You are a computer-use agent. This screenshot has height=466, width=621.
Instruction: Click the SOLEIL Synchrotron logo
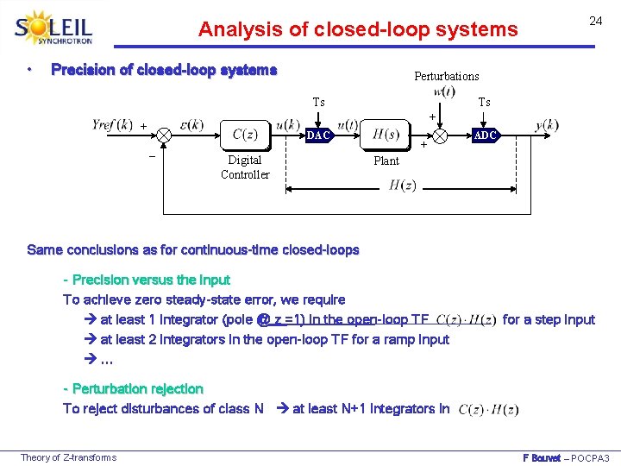53,28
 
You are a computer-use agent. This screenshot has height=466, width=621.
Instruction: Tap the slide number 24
595,21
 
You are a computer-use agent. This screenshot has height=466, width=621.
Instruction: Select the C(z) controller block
245,134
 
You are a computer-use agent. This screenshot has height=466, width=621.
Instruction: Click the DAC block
319,135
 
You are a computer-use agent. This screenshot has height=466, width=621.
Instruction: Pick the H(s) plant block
385,133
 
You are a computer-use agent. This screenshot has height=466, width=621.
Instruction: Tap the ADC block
485,135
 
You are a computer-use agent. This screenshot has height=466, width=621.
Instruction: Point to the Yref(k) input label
112,124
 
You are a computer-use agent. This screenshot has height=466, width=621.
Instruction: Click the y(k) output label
546,125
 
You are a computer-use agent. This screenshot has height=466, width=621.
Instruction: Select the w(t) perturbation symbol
444,91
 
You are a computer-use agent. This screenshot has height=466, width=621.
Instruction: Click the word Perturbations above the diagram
446,76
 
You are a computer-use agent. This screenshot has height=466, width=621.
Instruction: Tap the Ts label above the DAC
318,102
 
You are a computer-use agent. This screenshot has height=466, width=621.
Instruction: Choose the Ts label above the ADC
484,102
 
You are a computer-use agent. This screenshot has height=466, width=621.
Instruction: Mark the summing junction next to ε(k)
163,135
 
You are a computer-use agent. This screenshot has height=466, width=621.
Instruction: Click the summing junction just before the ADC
441,135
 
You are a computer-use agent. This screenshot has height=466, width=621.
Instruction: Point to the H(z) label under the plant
402,185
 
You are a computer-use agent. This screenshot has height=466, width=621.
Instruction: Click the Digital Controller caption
245,167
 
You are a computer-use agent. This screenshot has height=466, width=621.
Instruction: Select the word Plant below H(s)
386,161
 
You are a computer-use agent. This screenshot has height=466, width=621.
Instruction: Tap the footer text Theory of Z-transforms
68,457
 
